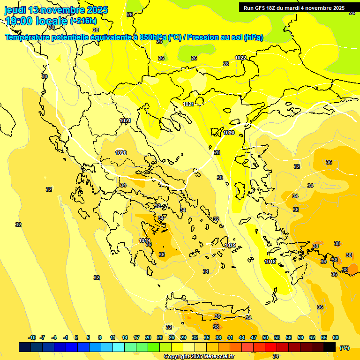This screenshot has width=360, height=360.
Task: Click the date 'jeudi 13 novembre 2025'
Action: pyautogui.click(x=56, y=10)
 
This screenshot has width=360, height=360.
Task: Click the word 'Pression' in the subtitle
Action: pyautogui.click(x=204, y=37)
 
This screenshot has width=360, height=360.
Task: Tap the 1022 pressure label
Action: pyautogui.click(x=240, y=58)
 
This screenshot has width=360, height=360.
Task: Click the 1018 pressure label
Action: pyautogui.click(x=270, y=262)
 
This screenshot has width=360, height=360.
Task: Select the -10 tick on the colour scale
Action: pyautogui.click(x=32, y=337)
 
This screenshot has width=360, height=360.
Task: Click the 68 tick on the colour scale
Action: pyautogui.click(x=336, y=337)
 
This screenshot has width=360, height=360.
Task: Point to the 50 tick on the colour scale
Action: pyautogui.click(x=265, y=337)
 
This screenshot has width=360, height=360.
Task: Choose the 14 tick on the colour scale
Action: pyautogui.click(x=125, y=337)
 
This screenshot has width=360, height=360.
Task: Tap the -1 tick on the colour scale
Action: pyautogui.click(x=66, y=337)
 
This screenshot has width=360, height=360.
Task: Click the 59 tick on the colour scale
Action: pyautogui.click(x=300, y=337)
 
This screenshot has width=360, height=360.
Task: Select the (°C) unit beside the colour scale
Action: pyautogui.click(x=345, y=347)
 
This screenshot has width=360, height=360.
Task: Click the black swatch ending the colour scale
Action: pyautogui.click(x=330, y=347)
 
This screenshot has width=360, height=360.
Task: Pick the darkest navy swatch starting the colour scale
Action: pyautogui.click(x=25, y=347)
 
